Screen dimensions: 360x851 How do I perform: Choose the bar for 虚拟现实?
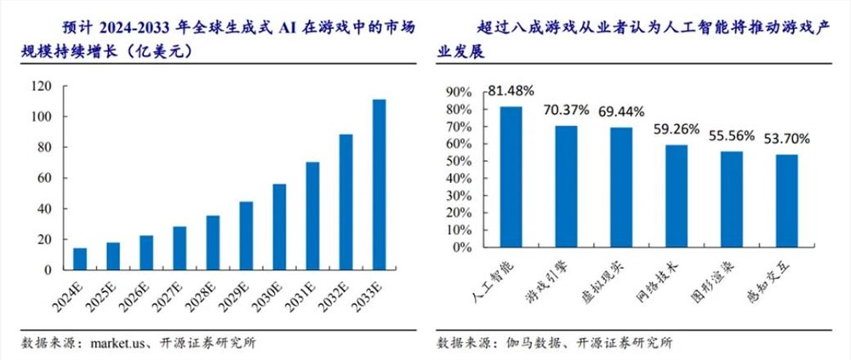[x=622, y=187]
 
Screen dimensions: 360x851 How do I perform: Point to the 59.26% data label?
[x=677, y=129]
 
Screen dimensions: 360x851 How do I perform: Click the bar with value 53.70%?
[x=787, y=201]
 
